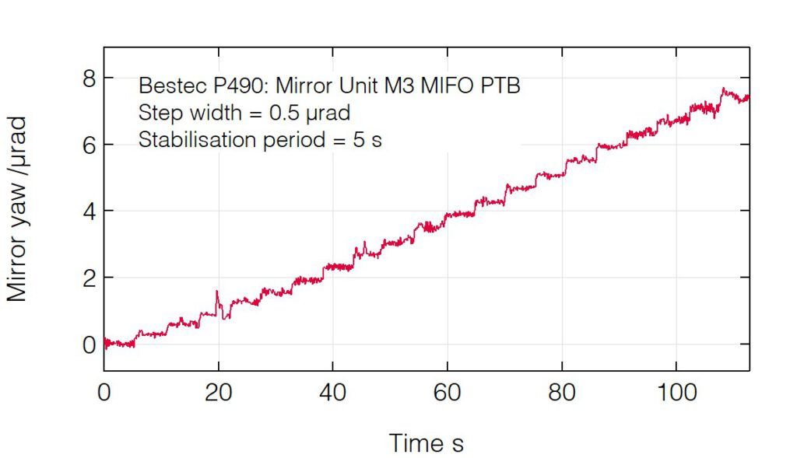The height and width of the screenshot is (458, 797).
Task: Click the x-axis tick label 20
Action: point(219,393)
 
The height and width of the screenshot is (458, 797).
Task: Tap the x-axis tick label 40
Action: point(332,393)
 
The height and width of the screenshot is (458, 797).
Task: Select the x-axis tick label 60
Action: point(447,393)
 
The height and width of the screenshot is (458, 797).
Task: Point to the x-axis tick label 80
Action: point(561,393)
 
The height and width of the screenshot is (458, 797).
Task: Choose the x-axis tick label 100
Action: point(675,393)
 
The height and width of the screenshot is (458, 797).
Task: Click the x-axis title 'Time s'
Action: point(426,444)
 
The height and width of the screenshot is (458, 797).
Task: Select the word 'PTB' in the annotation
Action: point(500,86)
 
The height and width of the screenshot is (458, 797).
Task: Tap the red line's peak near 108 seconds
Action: point(723,89)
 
